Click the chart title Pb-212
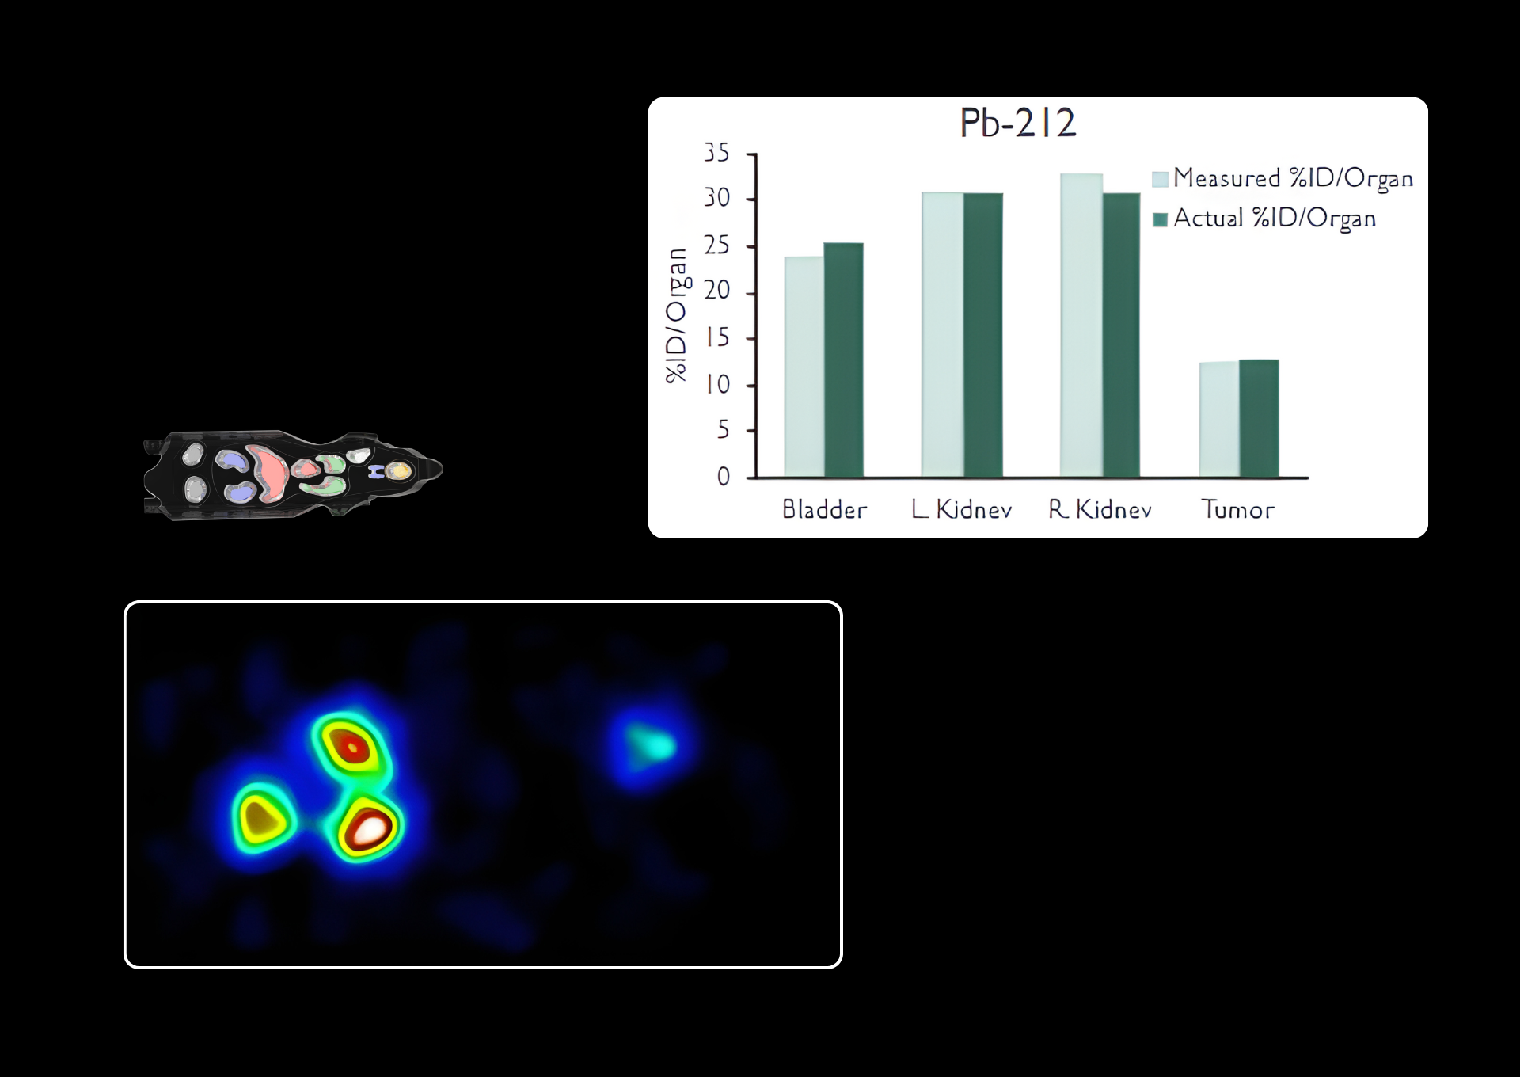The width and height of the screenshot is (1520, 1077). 1017,123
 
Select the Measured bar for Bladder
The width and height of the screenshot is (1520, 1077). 804,367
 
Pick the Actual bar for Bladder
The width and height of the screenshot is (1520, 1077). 844,360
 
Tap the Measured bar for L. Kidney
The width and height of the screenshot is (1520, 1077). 943,334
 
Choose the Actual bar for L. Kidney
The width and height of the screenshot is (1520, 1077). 983,335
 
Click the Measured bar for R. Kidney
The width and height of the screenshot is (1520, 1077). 1081,325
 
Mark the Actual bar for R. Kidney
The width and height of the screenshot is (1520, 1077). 1122,335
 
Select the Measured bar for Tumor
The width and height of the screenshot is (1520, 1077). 1220,419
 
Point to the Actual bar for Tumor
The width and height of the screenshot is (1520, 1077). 1260,418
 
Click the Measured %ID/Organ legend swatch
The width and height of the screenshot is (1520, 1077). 1161,179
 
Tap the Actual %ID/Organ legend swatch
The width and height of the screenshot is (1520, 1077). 1161,219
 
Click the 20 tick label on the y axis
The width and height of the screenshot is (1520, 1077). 717,291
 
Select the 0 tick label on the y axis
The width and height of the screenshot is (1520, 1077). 724,477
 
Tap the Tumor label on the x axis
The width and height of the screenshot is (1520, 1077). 1238,509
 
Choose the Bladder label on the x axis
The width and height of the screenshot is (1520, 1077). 825,509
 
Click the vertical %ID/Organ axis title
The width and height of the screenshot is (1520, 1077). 678,315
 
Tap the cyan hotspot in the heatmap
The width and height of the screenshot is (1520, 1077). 651,745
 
